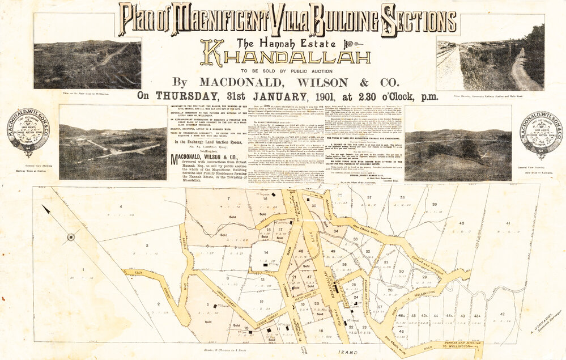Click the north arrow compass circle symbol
coord(71,236)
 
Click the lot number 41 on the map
coord(508,224)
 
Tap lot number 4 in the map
coord(121,207)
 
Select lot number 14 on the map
coord(266,252)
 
